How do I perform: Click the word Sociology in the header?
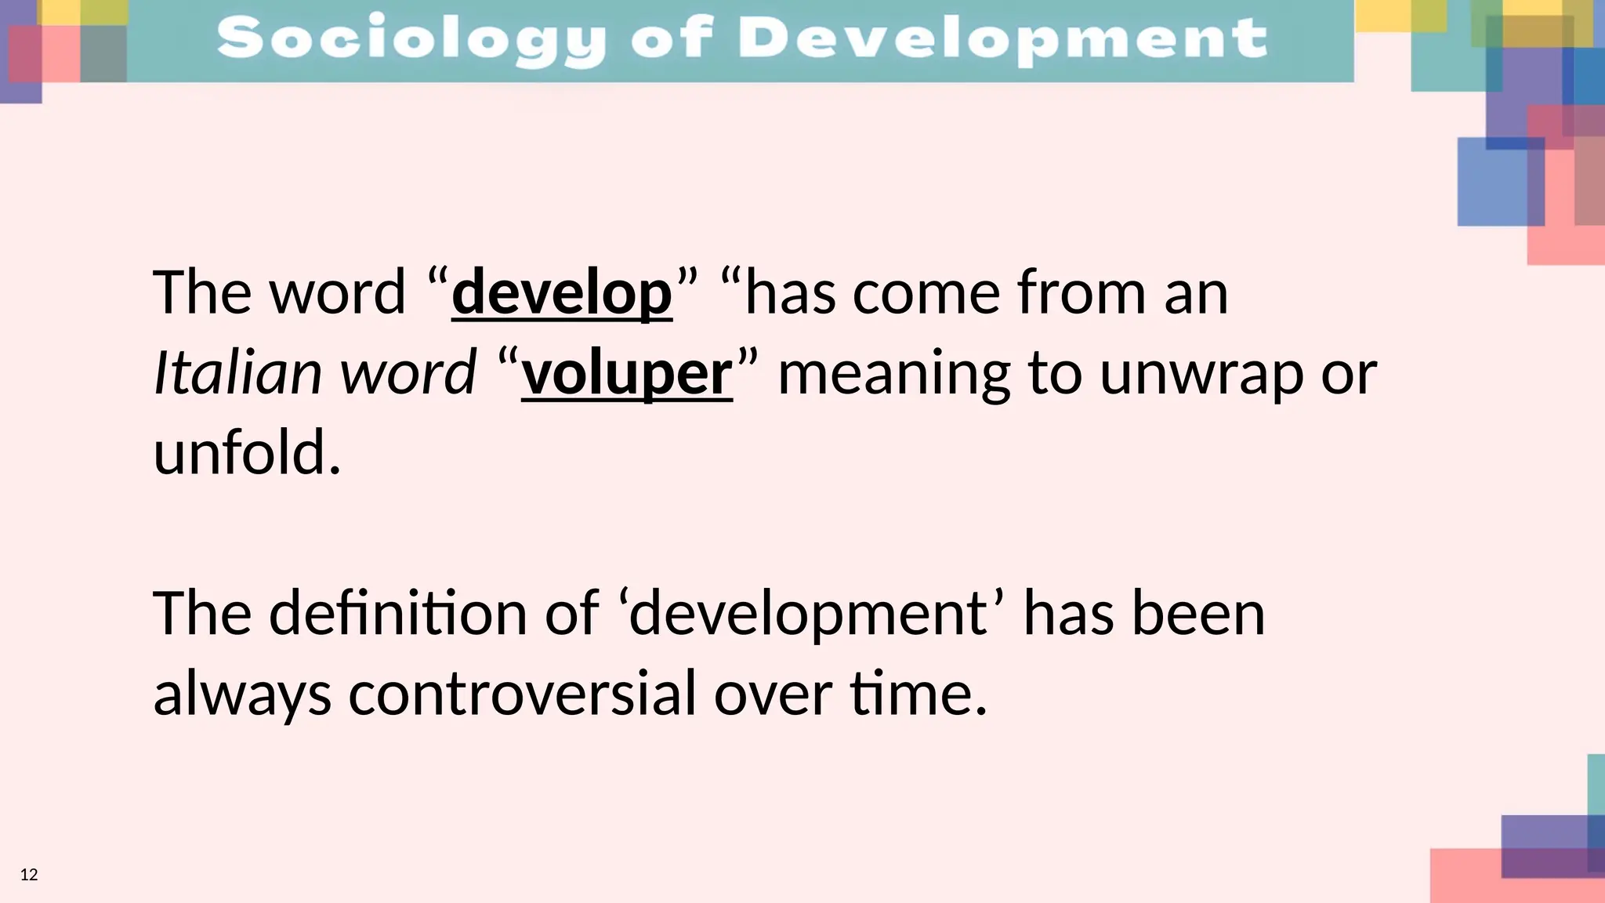tap(411, 39)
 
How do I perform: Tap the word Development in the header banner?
tap(1002, 39)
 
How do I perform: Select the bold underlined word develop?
tap(562, 292)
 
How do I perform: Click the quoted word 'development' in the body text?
tap(812, 615)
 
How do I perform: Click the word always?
tap(242, 695)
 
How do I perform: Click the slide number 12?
tap(29, 875)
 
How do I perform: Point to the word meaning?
tap(893, 375)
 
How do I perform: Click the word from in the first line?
tap(1082, 292)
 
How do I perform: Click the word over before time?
tap(773, 695)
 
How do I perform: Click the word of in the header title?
tap(672, 39)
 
